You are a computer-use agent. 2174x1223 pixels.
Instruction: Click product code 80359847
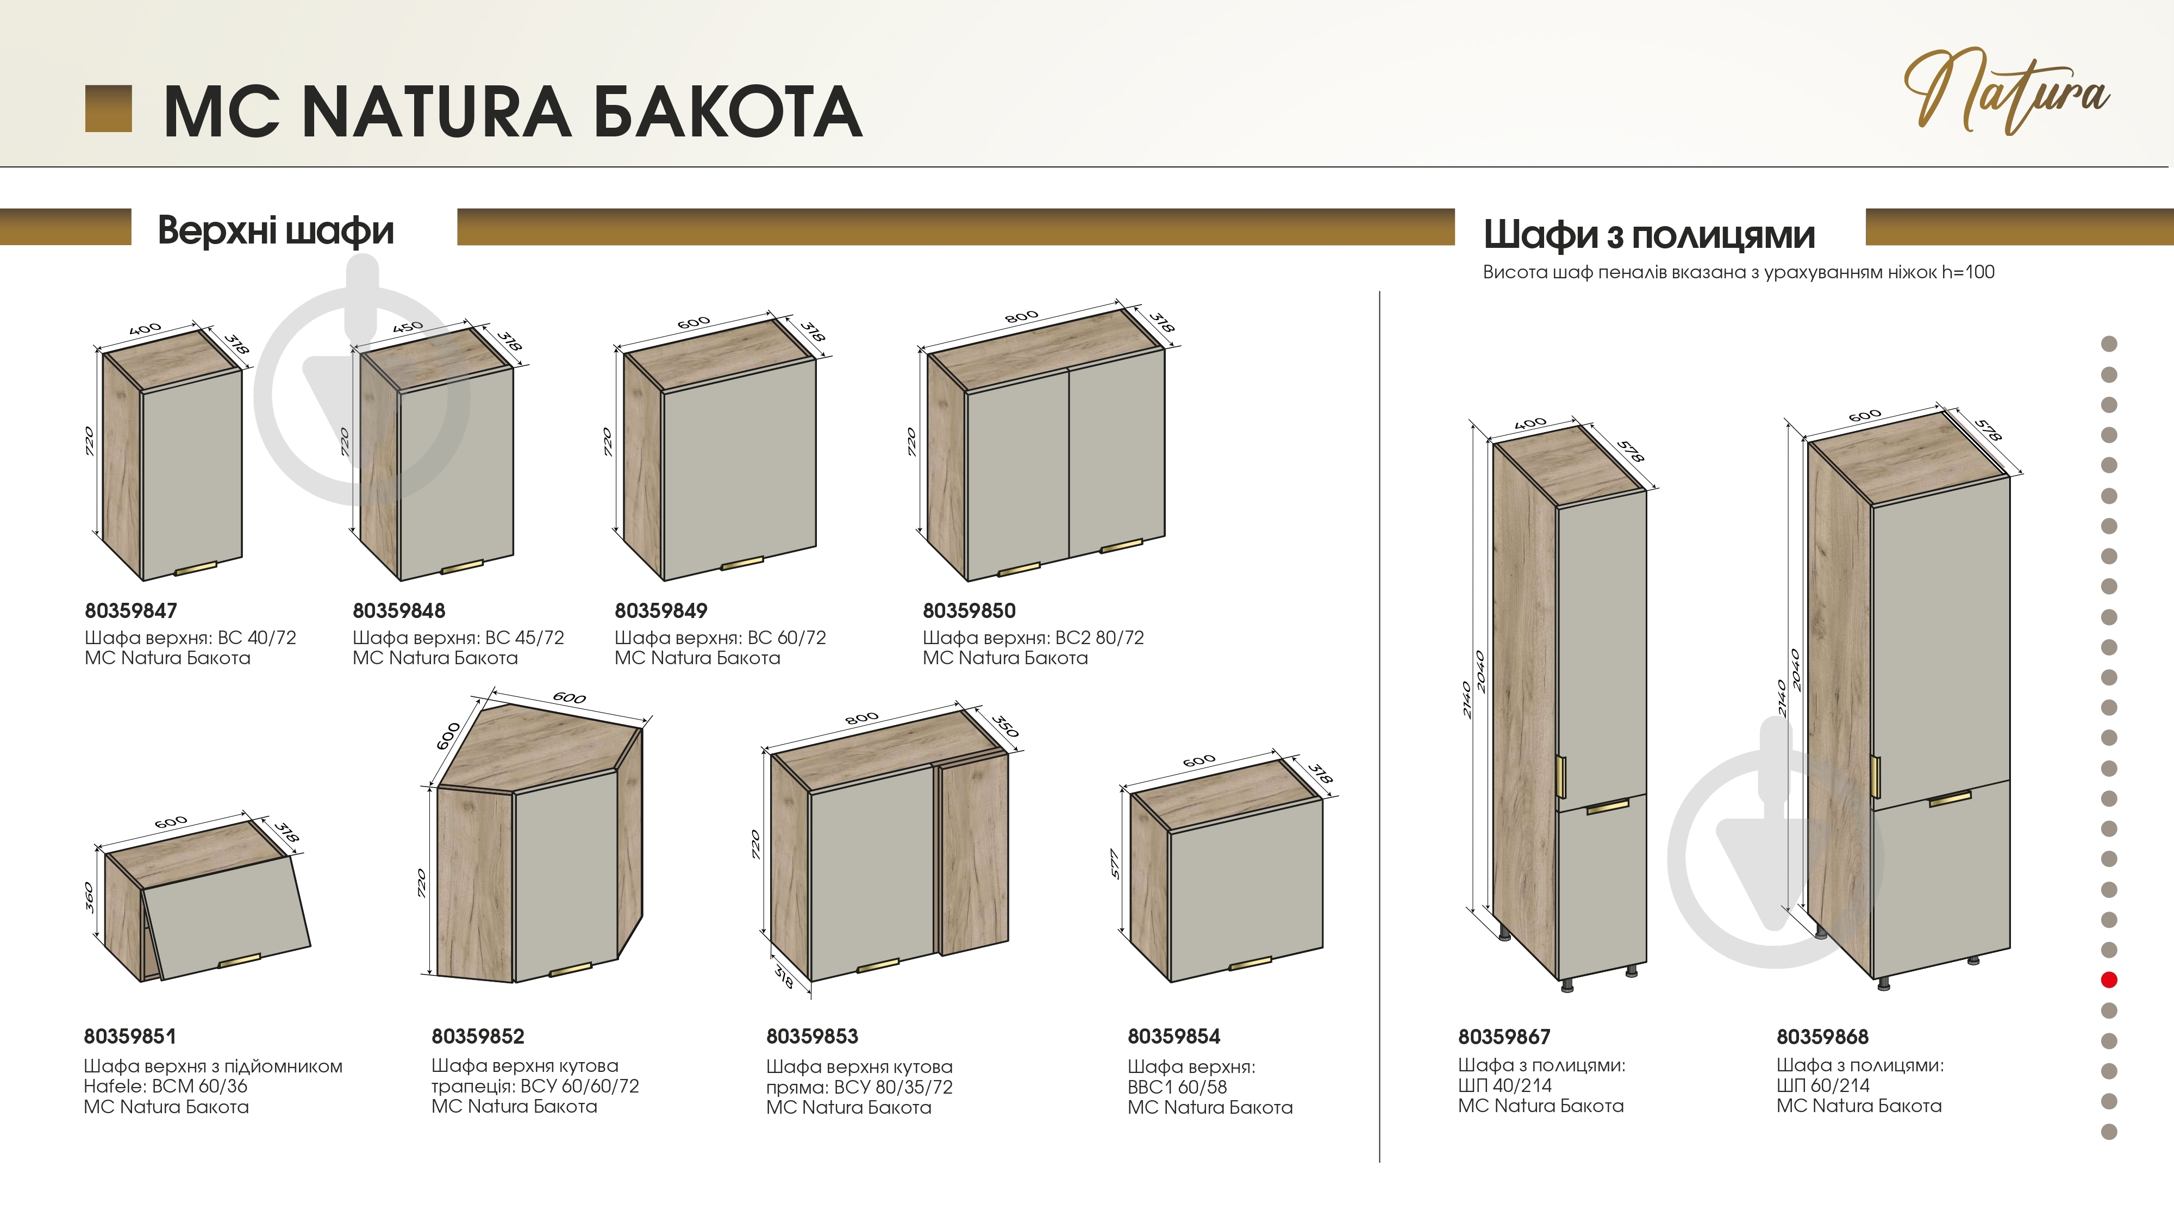point(131,610)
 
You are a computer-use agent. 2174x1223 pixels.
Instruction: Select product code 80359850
point(969,610)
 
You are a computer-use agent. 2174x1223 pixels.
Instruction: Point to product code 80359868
point(1823,1037)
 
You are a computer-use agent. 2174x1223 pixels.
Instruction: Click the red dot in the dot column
point(2109,980)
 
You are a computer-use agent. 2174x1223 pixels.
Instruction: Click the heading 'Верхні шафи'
point(276,230)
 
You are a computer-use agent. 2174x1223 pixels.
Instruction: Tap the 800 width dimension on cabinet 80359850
point(1021,316)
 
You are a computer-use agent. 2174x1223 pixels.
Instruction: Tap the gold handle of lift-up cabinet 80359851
point(240,960)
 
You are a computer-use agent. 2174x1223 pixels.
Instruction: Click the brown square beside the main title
point(109,109)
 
